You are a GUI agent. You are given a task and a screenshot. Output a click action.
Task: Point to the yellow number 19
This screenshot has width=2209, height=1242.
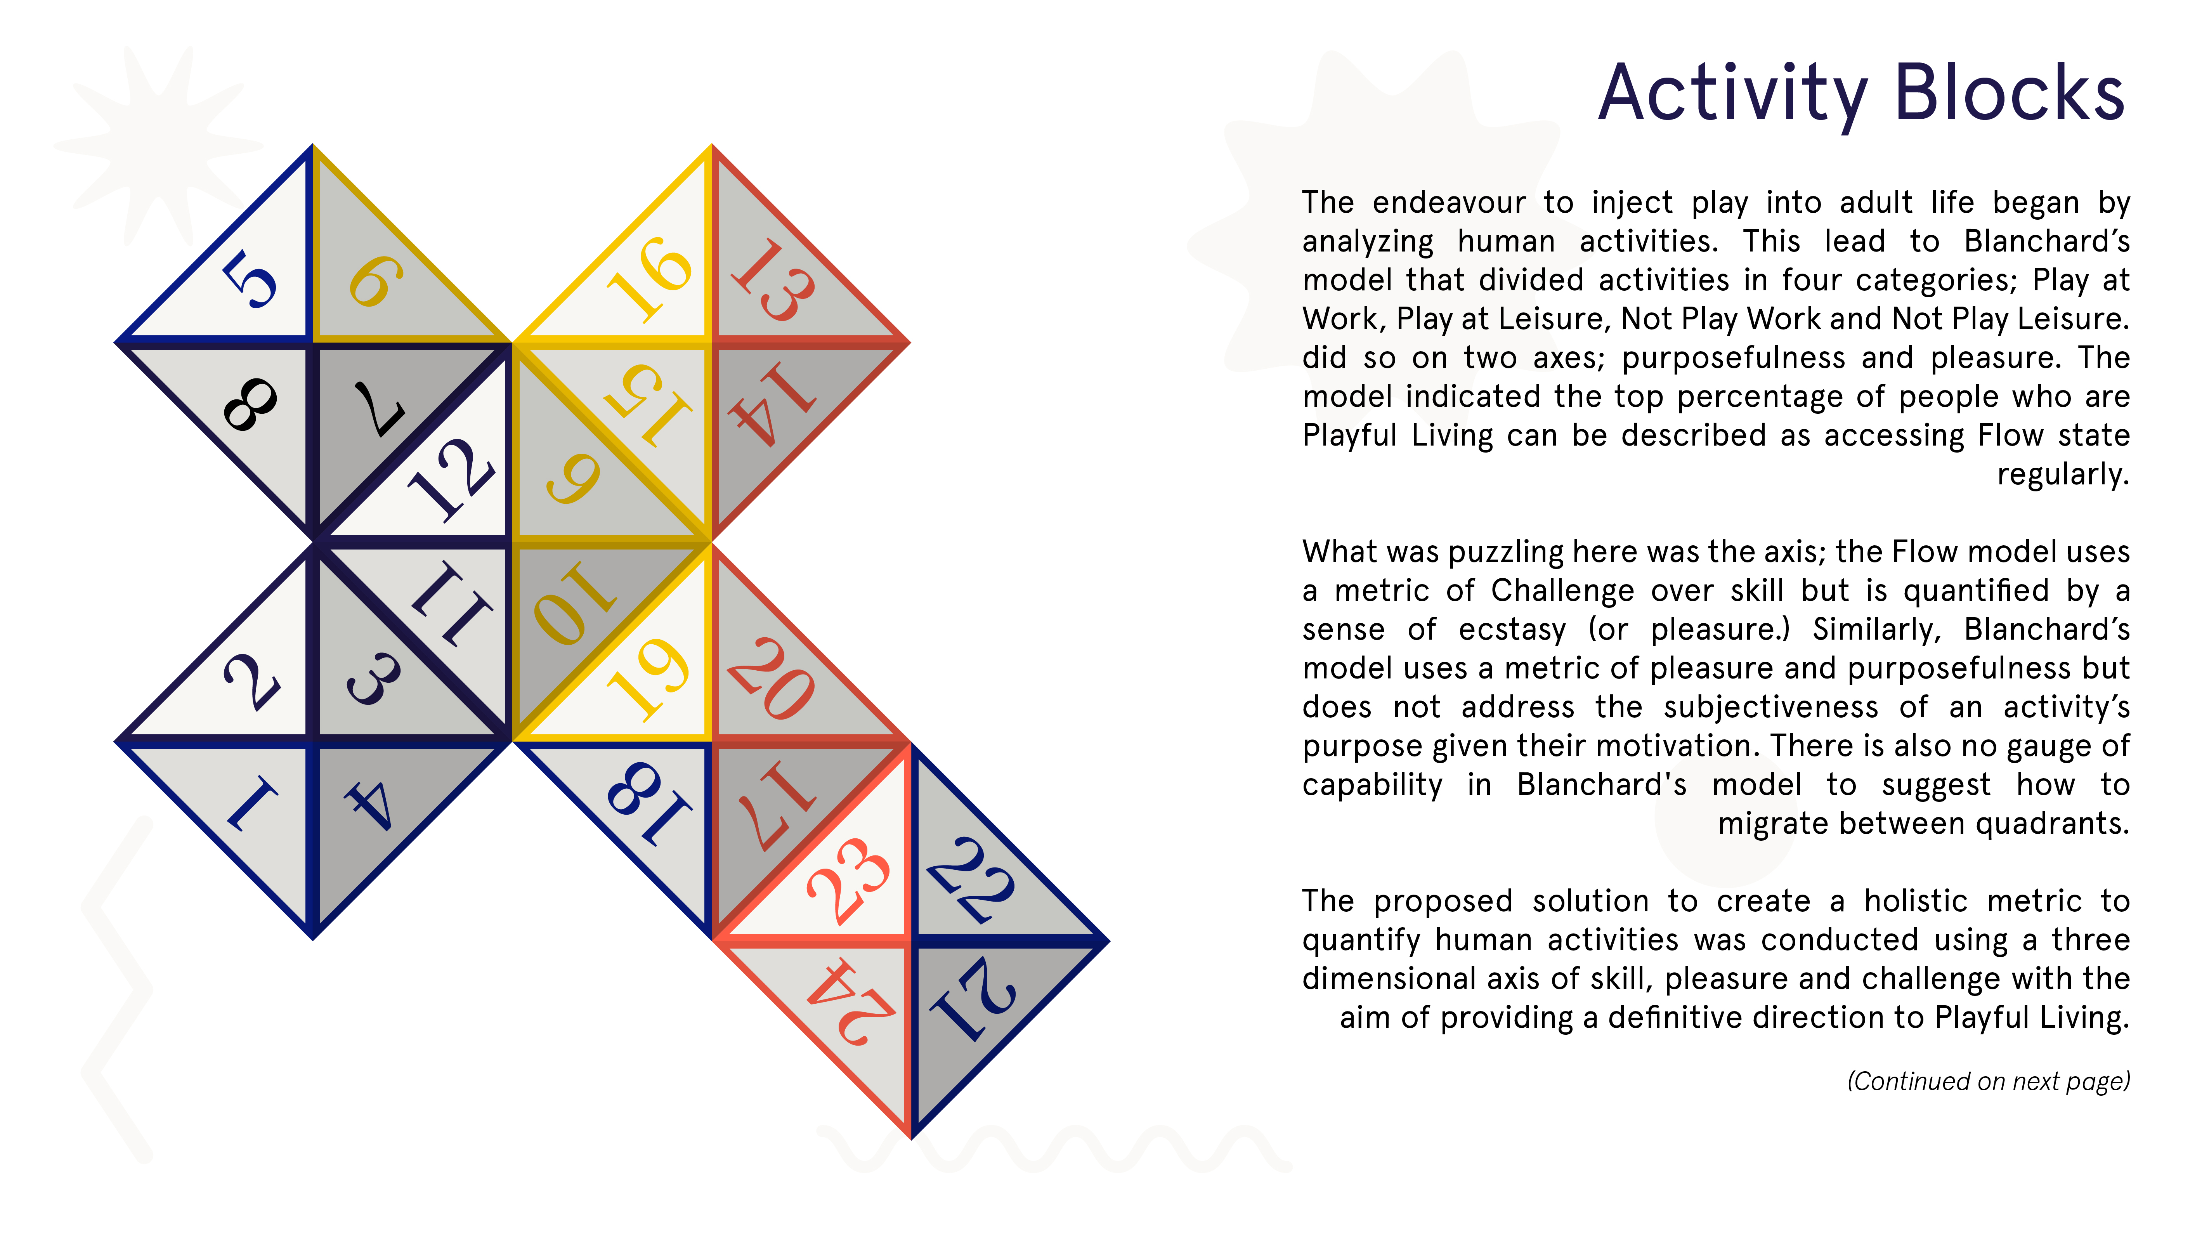pyautogui.click(x=649, y=678)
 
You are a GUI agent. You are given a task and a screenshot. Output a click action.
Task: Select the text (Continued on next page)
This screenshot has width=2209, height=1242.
pyautogui.click(x=1988, y=1081)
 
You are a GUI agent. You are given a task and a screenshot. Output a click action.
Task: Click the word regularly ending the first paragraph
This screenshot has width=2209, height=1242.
pyautogui.click(x=2062, y=474)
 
